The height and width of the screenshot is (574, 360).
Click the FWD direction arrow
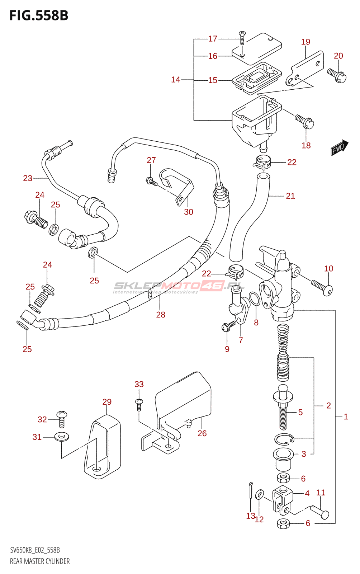339,147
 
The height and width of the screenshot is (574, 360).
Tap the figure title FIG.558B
39,15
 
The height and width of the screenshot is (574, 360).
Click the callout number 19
305,42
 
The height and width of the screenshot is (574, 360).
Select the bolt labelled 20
337,75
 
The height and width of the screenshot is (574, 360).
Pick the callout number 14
175,80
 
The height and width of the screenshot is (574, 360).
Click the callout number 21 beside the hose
290,196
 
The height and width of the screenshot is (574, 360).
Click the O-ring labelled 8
254,298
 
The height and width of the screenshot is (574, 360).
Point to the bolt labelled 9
228,326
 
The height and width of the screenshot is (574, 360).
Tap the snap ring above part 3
284,439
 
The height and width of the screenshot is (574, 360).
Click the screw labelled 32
62,419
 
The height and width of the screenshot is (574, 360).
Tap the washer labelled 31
62,437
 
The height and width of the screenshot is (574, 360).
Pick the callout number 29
107,402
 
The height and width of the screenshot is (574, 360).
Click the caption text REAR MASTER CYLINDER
40,561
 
